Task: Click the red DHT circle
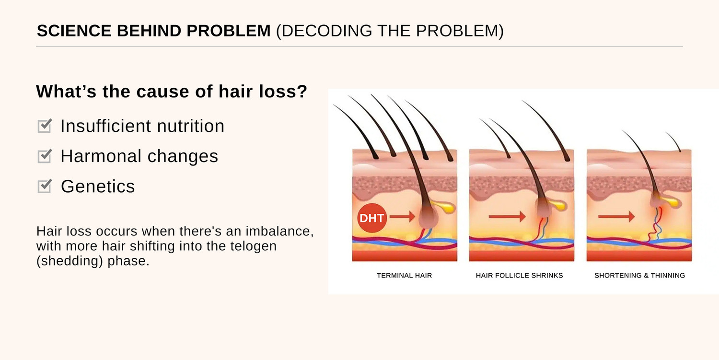click(x=371, y=218)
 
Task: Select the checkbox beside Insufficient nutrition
click(x=44, y=126)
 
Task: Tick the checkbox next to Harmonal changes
click(x=44, y=156)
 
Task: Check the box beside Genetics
click(x=44, y=186)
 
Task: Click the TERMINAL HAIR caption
click(x=404, y=276)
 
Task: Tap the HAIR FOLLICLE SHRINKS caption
click(x=519, y=276)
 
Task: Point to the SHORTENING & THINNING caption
click(x=639, y=276)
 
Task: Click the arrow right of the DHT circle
click(x=402, y=218)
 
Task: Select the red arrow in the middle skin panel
click(x=507, y=217)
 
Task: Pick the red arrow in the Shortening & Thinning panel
click(x=616, y=217)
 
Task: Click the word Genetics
click(x=98, y=186)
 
